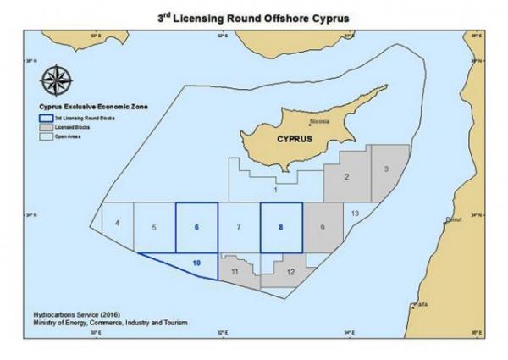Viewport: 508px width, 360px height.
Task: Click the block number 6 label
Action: pos(196,227)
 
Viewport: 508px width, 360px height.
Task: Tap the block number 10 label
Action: pos(196,263)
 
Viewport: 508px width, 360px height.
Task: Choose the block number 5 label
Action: pos(153,228)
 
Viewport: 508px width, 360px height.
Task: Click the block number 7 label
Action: pos(239,228)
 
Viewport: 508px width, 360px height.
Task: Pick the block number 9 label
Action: pos(323,227)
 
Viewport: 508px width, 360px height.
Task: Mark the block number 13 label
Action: pos(356,212)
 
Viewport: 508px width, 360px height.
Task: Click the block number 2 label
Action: pos(347,177)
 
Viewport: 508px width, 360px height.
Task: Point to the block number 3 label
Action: pos(385,169)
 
